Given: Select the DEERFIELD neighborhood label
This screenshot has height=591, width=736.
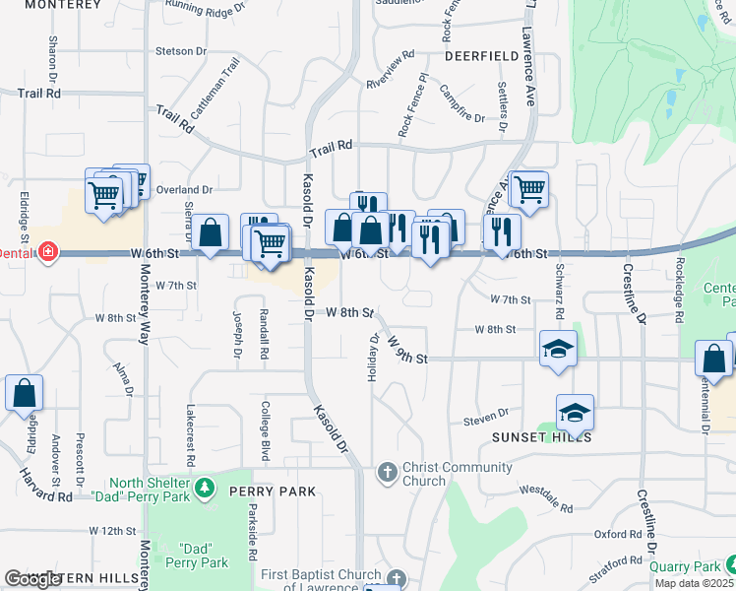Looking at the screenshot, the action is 481,57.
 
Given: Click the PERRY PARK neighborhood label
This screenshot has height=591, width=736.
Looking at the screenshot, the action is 273,491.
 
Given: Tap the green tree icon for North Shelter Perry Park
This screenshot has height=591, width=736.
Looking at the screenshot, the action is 204,488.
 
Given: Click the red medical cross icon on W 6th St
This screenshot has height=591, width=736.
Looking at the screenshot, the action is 46,254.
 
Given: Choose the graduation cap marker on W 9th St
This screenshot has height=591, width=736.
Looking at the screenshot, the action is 558,348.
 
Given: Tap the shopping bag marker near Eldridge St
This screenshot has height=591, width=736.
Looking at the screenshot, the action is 24,392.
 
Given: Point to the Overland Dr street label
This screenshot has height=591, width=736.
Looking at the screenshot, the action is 191,189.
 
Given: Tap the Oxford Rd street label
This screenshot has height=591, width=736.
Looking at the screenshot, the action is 618,534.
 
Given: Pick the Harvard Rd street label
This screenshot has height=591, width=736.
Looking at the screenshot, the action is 45,485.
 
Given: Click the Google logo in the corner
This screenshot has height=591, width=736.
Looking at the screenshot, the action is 32,579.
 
